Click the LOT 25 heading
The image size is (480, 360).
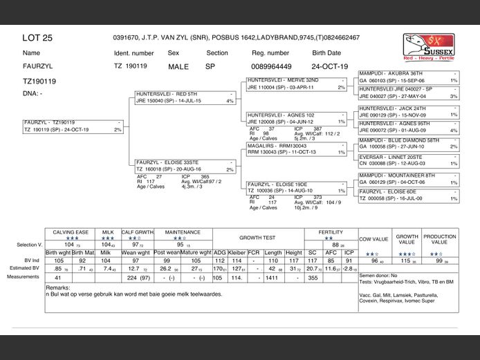(37, 38)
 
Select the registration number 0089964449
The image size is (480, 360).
(270, 67)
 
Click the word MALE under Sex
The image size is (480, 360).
(178, 67)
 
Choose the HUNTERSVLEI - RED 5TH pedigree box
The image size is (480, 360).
(185, 97)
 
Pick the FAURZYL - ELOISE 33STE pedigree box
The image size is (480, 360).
(185, 165)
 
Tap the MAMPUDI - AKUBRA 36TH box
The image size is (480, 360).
(408, 77)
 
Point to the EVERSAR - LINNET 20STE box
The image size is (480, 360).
(408, 160)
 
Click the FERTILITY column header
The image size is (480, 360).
(331, 232)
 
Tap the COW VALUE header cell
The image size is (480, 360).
(373, 238)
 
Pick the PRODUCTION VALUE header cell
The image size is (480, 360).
(440, 238)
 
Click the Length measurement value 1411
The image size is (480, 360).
(273, 278)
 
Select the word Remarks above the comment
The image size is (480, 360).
(57, 287)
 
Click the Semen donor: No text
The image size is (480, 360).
(377, 275)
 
